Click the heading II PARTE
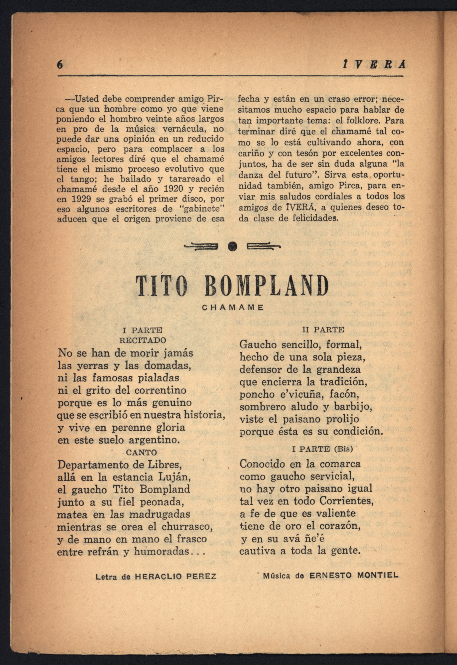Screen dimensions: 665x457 (323, 330)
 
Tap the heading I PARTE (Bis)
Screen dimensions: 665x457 (322, 449)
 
